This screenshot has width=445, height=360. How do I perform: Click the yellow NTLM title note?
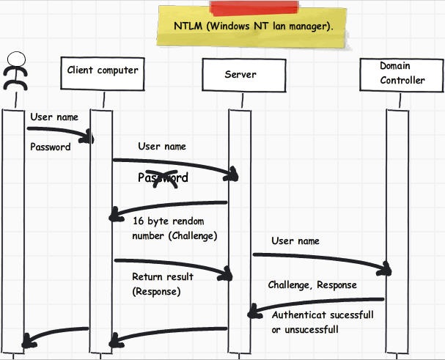(253, 26)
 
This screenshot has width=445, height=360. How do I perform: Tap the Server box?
(240, 75)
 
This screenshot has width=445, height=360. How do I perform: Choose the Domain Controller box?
(401, 73)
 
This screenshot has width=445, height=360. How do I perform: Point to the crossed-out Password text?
(163, 177)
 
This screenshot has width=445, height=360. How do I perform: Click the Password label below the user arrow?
(50, 147)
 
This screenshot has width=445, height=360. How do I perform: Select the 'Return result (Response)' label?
(162, 284)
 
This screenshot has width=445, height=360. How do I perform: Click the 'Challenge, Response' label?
(312, 285)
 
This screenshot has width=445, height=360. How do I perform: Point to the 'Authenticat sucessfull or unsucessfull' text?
(323, 322)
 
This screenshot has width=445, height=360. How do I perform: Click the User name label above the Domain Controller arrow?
(295, 240)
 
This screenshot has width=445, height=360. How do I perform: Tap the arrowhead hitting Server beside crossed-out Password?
(233, 174)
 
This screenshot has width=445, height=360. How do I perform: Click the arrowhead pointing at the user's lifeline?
(28, 340)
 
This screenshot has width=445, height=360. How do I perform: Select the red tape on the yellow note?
(254, 8)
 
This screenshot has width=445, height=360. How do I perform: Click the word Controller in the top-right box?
(402, 81)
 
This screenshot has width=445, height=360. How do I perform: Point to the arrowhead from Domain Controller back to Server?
(254, 313)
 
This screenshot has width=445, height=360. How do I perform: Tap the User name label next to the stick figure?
(54, 117)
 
